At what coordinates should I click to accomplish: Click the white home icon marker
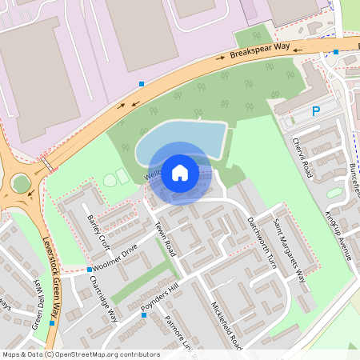pos(180,172)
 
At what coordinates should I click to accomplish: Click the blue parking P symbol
pos(316,111)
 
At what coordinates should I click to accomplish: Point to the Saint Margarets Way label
pos(290,251)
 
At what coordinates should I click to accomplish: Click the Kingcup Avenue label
pos(339,236)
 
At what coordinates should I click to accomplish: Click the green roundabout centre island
pos(22,183)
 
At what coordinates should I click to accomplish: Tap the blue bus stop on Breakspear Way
pos(142,83)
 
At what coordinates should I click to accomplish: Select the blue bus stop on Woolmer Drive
pos(89,269)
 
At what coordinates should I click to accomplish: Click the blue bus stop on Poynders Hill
pos(144,315)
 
